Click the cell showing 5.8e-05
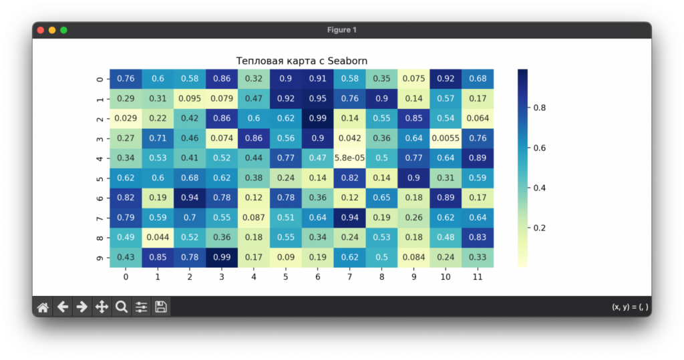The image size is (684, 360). (349, 158)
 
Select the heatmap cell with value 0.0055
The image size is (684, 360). (446, 138)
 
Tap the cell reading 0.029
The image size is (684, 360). (126, 118)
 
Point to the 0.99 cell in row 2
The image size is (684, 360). (317, 118)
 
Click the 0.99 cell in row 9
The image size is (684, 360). (222, 257)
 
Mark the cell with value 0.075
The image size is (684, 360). (413, 79)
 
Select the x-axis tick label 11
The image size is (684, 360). (477, 275)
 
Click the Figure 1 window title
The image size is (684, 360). (342, 30)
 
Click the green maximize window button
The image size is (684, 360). (63, 30)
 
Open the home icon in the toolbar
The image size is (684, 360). (43, 307)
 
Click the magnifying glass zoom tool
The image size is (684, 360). (122, 307)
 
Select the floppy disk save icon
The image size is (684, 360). (161, 307)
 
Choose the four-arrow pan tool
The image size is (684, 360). (102, 307)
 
